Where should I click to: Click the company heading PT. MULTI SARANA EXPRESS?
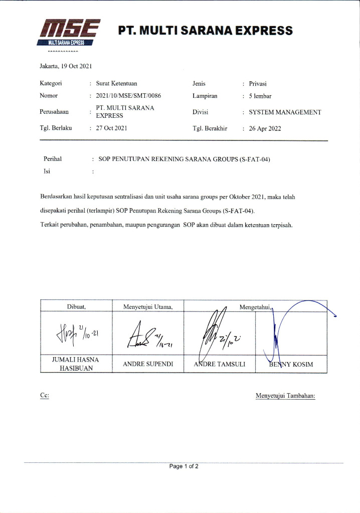(x=206, y=31)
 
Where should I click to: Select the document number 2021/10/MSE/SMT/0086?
(x=128, y=95)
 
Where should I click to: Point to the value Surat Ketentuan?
(x=116, y=84)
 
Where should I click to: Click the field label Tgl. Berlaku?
(x=56, y=128)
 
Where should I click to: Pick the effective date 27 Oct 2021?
(x=111, y=128)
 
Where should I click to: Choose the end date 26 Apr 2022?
(x=265, y=128)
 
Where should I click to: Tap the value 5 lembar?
(x=260, y=96)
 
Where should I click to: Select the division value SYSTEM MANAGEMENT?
(x=285, y=112)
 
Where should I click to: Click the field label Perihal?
(x=52, y=159)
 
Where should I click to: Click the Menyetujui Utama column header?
(x=148, y=306)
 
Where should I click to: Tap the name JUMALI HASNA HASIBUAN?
(x=76, y=364)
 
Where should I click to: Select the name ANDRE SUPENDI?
(x=148, y=364)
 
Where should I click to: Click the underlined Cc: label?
(x=44, y=396)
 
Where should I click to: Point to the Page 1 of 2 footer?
(x=184, y=466)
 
